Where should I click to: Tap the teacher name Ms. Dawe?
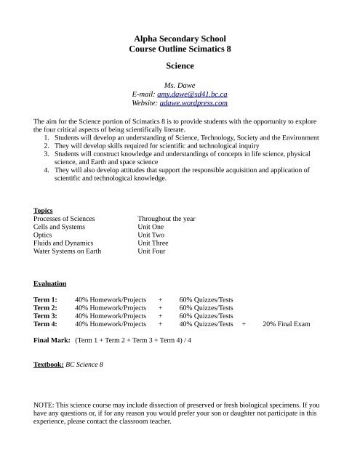click(179, 85)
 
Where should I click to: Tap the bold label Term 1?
click(46, 299)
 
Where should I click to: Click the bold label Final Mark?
click(51, 340)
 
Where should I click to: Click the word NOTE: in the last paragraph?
click(47, 402)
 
